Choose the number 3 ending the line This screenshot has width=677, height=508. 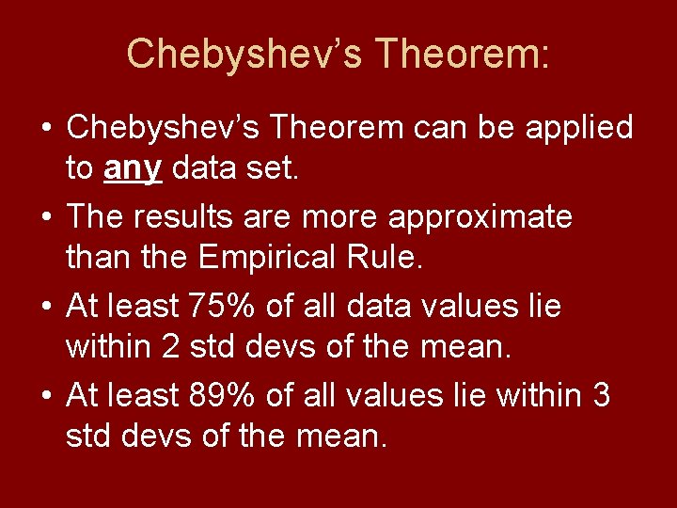click(602, 396)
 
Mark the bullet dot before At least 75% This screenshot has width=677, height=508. click(45, 308)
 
